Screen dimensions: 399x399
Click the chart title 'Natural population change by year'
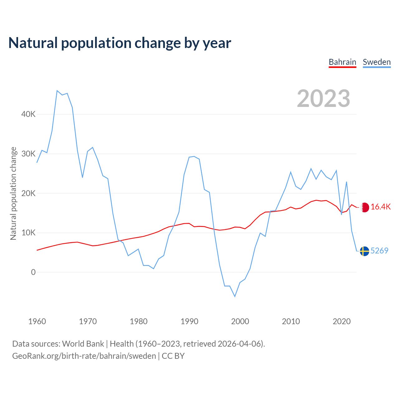pyautogui.click(x=120, y=43)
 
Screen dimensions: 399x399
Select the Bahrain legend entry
pyautogui.click(x=342, y=62)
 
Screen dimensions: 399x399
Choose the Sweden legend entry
pyautogui.click(x=377, y=62)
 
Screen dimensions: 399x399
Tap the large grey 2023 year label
pyautogui.click(x=324, y=99)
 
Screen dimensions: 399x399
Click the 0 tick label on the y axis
pyautogui.click(x=33, y=272)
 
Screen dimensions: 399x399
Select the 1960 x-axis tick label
pyautogui.click(x=37, y=321)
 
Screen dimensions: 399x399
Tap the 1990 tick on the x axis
pyautogui.click(x=190, y=321)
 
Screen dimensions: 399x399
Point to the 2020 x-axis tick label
pyautogui.click(x=342, y=321)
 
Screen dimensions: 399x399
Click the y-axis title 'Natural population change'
pyautogui.click(x=13, y=194)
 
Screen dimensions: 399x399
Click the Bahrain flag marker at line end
pyautogui.click(x=364, y=207)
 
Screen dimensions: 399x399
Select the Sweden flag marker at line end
pyautogui.click(x=364, y=251)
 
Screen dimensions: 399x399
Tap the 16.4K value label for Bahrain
pyautogui.click(x=381, y=207)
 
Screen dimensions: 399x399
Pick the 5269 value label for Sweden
pyautogui.click(x=379, y=251)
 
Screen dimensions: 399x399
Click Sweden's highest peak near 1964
pyautogui.click(x=57, y=91)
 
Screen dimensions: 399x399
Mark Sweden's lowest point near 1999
pyautogui.click(x=235, y=296)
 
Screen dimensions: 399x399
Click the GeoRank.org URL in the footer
pyautogui.click(x=84, y=356)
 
